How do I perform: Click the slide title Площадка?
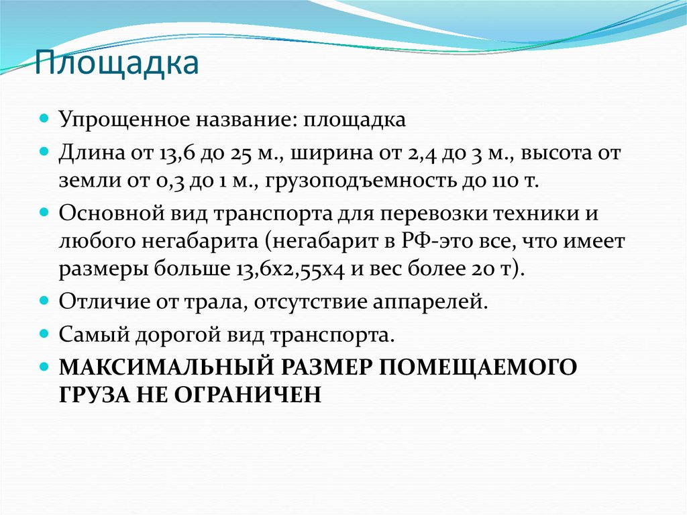pyautogui.click(x=117, y=64)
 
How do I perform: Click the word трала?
pyautogui.click(x=207, y=301)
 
